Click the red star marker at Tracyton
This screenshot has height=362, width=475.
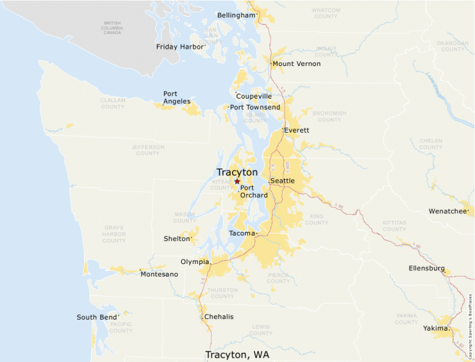point(237,181)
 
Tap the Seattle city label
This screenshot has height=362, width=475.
point(283,181)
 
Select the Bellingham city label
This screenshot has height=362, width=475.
point(236,15)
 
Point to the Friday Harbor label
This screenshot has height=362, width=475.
point(180,47)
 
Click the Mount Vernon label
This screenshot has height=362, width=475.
point(297,64)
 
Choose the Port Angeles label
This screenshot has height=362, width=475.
point(176,98)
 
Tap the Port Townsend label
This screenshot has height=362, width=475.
point(255,107)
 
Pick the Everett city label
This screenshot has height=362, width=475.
point(297,130)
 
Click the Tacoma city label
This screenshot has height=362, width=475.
point(242,233)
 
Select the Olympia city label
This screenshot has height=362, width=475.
point(194,262)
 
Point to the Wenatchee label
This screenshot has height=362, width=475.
point(448,211)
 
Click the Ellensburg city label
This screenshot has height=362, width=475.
point(426,268)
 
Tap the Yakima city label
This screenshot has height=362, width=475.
point(435,328)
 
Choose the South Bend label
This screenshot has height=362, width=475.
point(97,318)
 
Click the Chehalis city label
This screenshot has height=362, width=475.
point(219,317)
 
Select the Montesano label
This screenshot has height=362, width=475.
point(159,274)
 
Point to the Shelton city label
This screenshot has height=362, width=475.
point(177,238)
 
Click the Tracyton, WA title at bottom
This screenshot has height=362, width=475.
point(237,354)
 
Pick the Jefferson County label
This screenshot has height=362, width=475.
point(148,149)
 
